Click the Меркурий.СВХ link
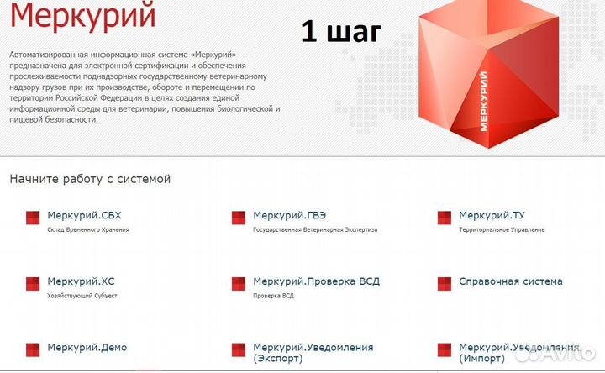click(85, 216)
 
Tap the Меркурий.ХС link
click(82, 281)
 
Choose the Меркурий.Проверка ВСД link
click(316, 281)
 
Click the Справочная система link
click(511, 281)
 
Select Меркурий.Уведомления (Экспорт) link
click(313, 353)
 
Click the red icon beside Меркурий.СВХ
click(33, 218)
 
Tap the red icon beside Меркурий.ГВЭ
click(239, 218)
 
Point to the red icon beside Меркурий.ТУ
click(445, 218)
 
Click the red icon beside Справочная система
click(445, 284)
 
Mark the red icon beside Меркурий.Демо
click(33, 349)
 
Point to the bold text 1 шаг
click(341, 31)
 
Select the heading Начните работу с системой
click(90, 179)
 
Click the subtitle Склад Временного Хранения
click(88, 229)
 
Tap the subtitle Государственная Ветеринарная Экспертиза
click(315, 229)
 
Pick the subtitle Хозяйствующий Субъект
click(82, 296)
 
